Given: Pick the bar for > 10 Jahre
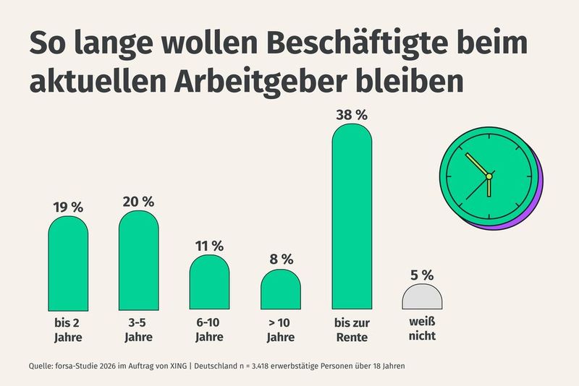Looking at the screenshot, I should [280, 289].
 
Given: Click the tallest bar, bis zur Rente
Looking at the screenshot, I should [351, 217].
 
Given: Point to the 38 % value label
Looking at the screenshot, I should [351, 113].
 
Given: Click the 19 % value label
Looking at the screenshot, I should [68, 206].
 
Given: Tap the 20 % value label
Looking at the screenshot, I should [139, 202].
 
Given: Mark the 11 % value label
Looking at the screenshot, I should [209, 245].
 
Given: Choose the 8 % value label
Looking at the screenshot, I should [280, 259].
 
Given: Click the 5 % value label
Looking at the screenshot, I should [422, 275].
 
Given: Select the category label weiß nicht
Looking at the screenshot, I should [422, 330].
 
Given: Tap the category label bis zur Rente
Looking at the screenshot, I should [351, 330].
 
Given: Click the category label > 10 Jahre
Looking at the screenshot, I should [280, 330].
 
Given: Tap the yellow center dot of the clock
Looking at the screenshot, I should [489, 176].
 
